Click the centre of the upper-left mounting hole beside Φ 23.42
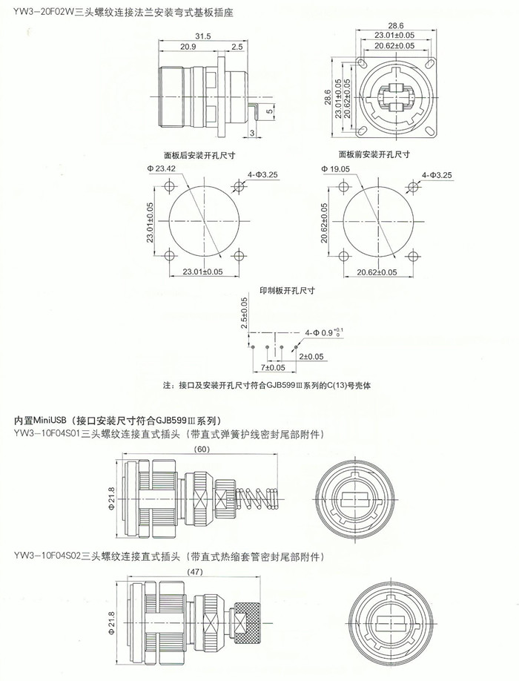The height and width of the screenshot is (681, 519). [x=169, y=187]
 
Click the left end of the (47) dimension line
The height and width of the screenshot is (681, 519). [x=127, y=576]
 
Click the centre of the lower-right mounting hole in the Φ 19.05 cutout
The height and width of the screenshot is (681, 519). [x=414, y=256]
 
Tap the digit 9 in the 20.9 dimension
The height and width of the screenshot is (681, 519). [x=194, y=47]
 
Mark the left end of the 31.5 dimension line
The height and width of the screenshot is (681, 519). [x=159, y=41]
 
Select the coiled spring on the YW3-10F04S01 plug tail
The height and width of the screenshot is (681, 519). [x=256, y=499]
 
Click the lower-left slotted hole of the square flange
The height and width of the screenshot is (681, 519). [x=361, y=130]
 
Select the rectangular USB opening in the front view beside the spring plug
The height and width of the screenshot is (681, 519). [x=358, y=500]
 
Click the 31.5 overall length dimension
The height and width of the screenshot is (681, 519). [x=202, y=36]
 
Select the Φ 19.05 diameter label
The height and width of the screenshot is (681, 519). [x=335, y=168]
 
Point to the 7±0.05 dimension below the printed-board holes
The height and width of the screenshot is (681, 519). [x=273, y=367]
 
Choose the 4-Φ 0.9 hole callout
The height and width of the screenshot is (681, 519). [x=324, y=332]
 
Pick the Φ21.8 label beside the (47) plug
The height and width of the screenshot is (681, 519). [x=111, y=622]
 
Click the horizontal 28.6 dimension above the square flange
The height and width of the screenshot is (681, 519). [x=395, y=26]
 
